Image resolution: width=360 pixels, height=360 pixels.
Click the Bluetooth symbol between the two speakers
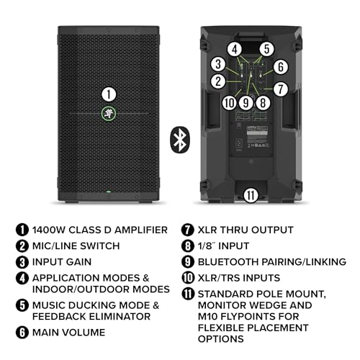click(179, 139)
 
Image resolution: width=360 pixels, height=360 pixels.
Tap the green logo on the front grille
click(107, 112)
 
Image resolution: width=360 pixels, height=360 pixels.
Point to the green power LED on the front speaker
click(107, 192)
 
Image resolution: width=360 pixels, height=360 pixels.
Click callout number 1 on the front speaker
click(107, 94)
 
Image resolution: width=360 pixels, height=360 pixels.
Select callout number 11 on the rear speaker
click(251, 194)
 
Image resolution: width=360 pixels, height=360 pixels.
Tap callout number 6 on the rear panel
click(280, 66)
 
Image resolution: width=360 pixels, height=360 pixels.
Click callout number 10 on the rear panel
click(229, 102)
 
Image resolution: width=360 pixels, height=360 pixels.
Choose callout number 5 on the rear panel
click(267, 50)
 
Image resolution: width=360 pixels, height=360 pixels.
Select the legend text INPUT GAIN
click(60, 261)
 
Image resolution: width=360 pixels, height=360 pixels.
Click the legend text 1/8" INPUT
click(224, 246)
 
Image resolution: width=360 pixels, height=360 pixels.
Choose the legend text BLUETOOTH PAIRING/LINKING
click(271, 261)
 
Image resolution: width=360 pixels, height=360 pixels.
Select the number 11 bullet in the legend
click(187, 293)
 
